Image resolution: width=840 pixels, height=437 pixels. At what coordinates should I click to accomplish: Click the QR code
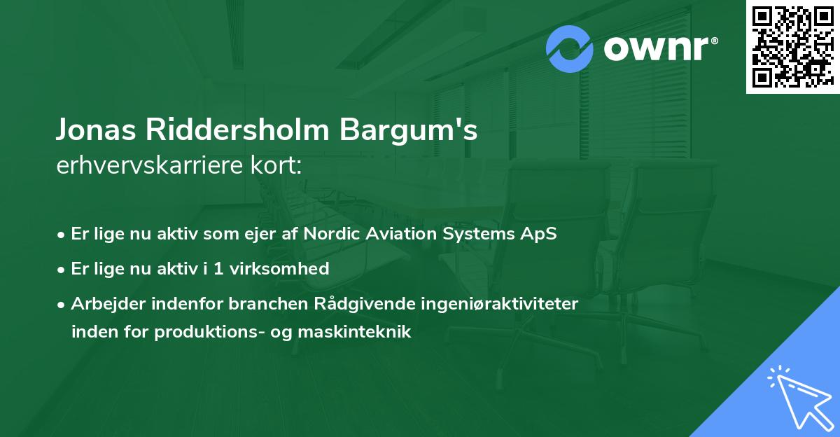click(792, 46)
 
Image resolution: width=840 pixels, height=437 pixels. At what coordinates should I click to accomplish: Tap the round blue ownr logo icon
click(570, 49)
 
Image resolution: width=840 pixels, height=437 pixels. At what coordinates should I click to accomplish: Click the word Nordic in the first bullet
click(330, 234)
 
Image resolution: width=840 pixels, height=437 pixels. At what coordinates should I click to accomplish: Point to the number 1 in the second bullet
click(218, 268)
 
